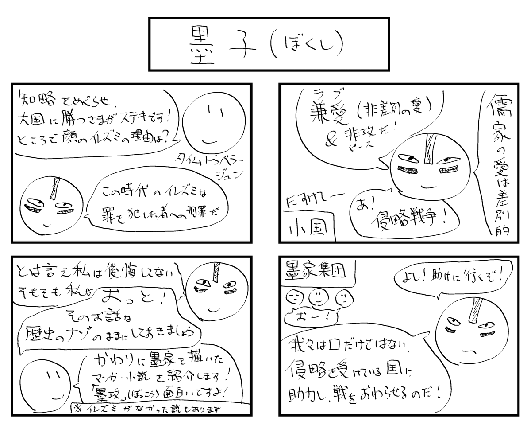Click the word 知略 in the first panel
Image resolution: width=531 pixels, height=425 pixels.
[35, 97]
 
